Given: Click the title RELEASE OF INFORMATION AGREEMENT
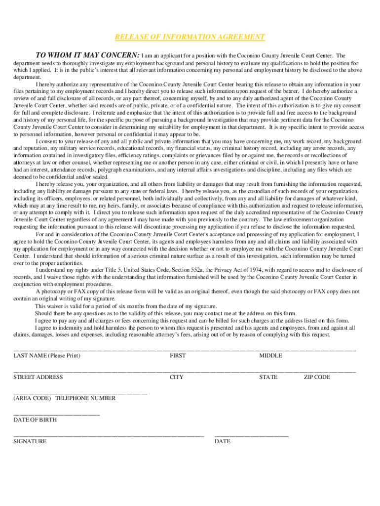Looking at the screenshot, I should click(x=190, y=37).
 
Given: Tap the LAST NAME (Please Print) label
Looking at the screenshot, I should click(x=47, y=356).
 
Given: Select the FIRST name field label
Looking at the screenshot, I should click(x=178, y=356).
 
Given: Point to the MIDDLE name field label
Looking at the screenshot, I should click(x=270, y=356).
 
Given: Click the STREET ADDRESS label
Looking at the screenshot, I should click(x=38, y=377).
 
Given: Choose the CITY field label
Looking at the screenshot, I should click(x=177, y=377).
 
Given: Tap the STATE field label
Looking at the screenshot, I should click(x=268, y=377).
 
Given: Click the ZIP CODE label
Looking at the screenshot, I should click(x=317, y=377).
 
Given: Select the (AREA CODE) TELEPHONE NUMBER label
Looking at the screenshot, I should click(x=64, y=398).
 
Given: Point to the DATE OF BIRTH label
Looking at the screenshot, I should click(x=35, y=420).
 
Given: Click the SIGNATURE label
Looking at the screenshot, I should click(x=30, y=441).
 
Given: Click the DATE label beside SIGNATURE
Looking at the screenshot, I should click(x=223, y=441).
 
